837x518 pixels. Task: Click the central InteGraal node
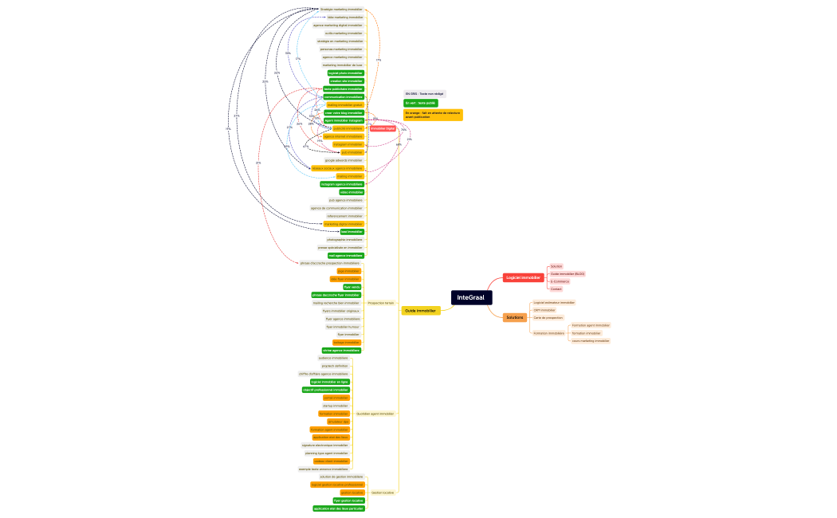click(x=471, y=297)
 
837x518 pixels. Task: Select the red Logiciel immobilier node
click(x=523, y=277)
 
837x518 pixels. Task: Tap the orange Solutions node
click(x=515, y=317)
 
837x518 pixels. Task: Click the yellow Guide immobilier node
click(x=420, y=311)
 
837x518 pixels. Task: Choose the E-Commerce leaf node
click(x=560, y=281)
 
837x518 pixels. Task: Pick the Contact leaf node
click(x=556, y=289)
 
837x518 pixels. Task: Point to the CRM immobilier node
click(x=544, y=310)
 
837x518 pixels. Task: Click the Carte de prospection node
click(x=548, y=318)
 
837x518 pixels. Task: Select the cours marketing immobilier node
click(x=590, y=340)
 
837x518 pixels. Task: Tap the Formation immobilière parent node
click(x=548, y=333)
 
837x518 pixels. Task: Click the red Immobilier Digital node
click(x=383, y=128)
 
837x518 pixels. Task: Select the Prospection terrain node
click(x=381, y=303)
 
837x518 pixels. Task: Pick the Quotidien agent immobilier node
click(x=375, y=414)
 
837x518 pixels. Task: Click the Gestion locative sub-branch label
click(x=383, y=492)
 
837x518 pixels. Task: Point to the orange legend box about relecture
click(x=433, y=115)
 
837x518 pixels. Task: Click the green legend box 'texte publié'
click(x=420, y=103)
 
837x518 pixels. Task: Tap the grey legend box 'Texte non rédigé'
click(x=423, y=94)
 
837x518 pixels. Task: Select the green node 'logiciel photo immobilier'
click(x=345, y=73)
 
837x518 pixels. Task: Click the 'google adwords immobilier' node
click(x=344, y=160)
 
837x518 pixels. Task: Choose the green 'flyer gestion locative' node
click(x=348, y=500)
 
